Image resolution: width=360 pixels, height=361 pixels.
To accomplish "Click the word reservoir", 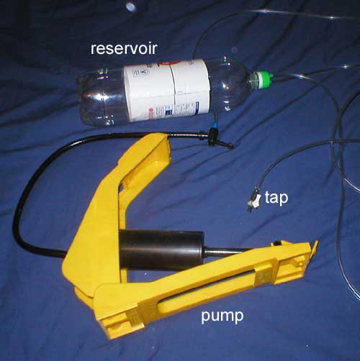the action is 124,49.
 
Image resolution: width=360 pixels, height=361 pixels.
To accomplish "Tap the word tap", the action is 276,198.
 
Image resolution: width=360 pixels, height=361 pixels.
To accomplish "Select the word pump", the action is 222,316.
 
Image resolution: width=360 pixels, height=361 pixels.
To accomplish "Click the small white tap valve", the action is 254,201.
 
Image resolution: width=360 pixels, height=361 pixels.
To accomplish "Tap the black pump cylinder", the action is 161,250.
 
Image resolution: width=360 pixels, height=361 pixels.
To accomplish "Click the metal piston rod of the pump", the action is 225,251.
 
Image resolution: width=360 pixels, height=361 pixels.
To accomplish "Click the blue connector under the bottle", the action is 215,125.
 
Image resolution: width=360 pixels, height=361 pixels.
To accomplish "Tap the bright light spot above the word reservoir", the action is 131,6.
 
